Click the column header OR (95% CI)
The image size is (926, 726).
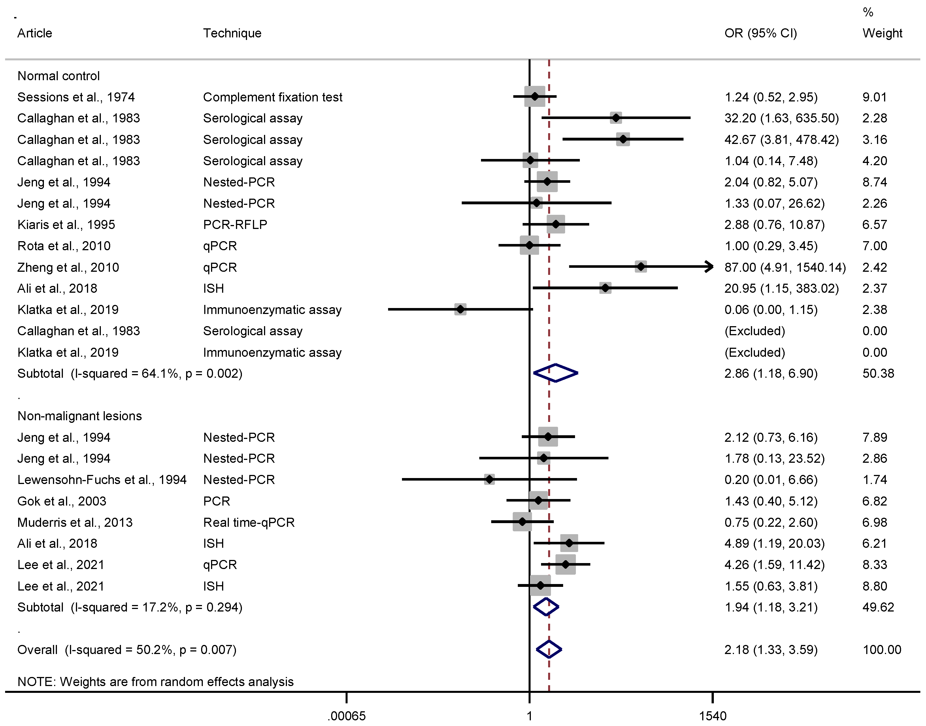(760, 33)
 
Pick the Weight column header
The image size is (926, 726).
(882, 33)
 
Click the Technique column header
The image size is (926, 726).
(232, 33)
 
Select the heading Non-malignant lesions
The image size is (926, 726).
(80, 416)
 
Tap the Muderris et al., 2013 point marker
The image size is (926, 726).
(522, 521)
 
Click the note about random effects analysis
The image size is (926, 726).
(155, 681)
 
